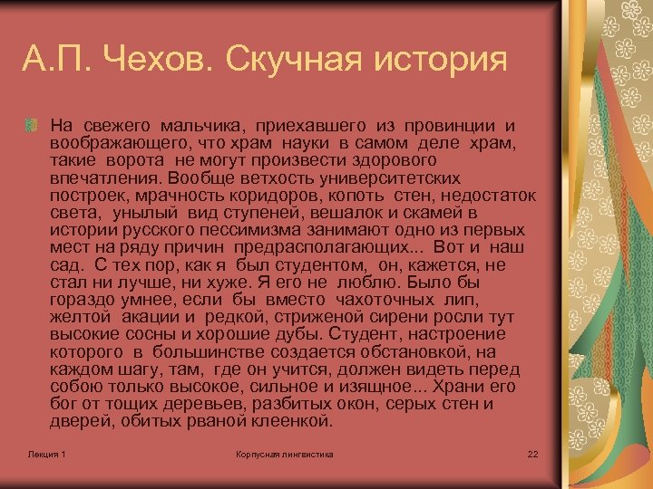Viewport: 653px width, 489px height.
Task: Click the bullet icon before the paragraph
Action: (x=34, y=124)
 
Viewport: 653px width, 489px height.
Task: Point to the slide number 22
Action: (x=532, y=453)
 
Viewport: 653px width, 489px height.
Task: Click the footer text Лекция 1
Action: (x=46, y=453)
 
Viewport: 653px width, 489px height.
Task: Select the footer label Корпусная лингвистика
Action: (x=284, y=453)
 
